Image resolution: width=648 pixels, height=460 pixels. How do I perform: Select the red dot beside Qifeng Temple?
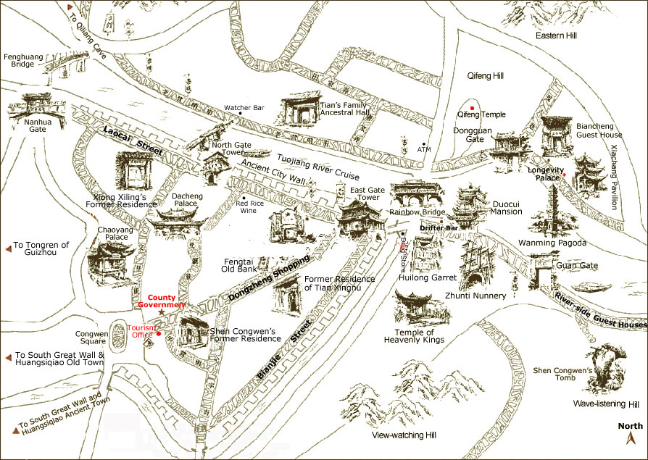click(473, 108)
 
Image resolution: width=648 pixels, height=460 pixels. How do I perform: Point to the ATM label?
click(425, 149)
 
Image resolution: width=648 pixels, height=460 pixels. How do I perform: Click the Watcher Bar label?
click(244, 108)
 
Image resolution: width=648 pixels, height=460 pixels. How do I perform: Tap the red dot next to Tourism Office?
click(159, 334)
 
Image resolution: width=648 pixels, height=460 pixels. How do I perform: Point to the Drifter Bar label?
click(439, 228)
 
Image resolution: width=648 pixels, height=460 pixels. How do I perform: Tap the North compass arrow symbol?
click(631, 438)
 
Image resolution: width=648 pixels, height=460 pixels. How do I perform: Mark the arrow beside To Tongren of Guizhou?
click(8, 249)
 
